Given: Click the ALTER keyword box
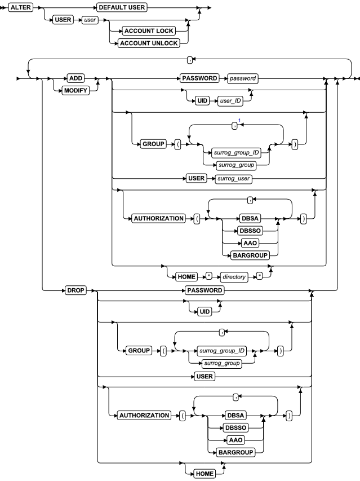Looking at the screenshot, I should [x=20, y=10].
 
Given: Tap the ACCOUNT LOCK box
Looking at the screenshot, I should [x=152, y=32].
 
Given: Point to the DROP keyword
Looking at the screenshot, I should [x=75, y=292].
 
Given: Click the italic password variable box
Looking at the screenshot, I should [x=239, y=78].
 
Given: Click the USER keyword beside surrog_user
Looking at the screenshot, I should [x=189, y=179].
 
